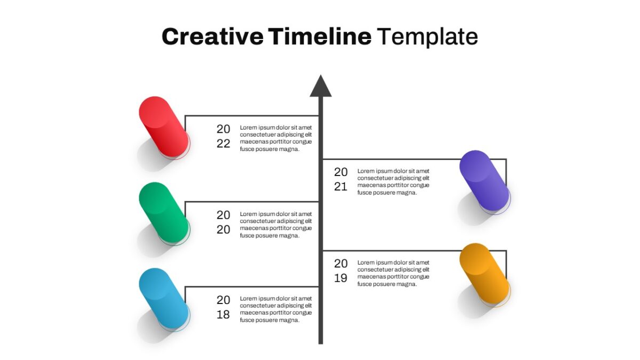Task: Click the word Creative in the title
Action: (x=213, y=37)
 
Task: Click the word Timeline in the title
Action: (x=319, y=36)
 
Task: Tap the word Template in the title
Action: (x=427, y=37)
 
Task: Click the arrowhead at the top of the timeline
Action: (x=321, y=86)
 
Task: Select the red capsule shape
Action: (x=164, y=126)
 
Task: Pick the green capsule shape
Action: (x=164, y=213)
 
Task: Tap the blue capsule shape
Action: (x=164, y=299)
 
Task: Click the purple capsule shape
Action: (x=484, y=181)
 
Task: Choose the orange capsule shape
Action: (x=484, y=274)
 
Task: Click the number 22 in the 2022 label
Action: (x=223, y=143)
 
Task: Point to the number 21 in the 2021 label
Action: (x=341, y=187)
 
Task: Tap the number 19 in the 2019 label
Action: (x=341, y=278)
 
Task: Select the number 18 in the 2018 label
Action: (x=223, y=315)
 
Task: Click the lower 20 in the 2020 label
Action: (x=223, y=230)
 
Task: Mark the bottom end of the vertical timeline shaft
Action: (x=321, y=343)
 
